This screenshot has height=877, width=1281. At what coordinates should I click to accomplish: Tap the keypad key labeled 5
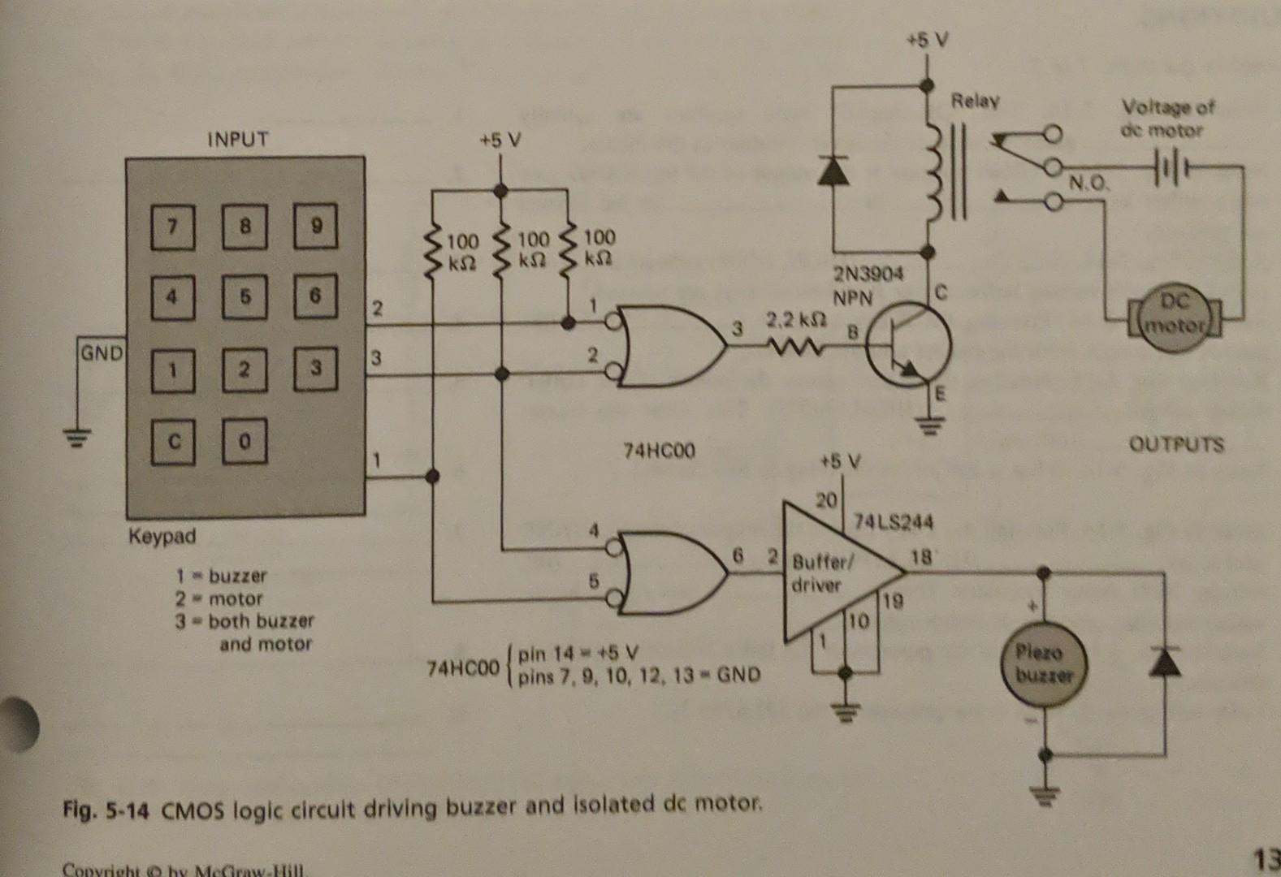pos(245,296)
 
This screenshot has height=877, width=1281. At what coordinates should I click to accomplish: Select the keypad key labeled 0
pos(245,441)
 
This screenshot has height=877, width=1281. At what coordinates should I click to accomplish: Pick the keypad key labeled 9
pos(316,225)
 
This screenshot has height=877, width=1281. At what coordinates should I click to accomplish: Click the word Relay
pos(976,102)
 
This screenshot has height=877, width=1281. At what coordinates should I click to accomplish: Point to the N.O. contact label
pos(1088,184)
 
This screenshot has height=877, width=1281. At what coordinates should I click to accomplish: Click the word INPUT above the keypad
pos(237,139)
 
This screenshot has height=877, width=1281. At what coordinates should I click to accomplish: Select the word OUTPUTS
pos(1176,444)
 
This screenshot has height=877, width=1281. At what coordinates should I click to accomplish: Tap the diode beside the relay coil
pos(832,169)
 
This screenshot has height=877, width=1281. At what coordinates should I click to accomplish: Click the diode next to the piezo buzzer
pos(1164,662)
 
